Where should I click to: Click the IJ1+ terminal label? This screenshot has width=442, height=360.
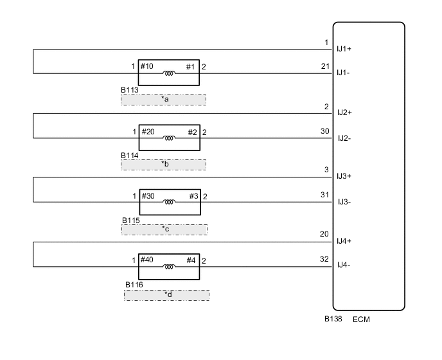344,49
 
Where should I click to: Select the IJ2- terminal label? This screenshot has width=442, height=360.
344,138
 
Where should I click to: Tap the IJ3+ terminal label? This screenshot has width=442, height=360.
344,176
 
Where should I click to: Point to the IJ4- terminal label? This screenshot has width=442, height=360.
344,265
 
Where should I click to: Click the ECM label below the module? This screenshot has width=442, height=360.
361,319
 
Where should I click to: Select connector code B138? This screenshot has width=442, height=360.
333,319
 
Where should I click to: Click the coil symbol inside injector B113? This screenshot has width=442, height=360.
169,73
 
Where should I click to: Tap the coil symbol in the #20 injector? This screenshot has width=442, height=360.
169,138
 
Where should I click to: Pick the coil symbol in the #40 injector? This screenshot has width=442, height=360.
169,267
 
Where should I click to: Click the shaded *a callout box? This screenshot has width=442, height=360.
163,100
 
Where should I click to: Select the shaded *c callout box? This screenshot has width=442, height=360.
164,230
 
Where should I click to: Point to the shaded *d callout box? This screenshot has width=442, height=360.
166,295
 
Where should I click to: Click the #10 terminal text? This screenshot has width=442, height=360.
147,66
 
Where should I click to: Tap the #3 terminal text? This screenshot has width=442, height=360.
193,196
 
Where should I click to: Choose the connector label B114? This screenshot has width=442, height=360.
130,156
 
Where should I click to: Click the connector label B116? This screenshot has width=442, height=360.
134,285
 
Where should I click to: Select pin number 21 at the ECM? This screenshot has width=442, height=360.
325,66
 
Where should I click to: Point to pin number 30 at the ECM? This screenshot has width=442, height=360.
325,131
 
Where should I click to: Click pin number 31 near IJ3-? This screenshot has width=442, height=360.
324,195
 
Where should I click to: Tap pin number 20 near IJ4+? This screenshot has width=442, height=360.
324,234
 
